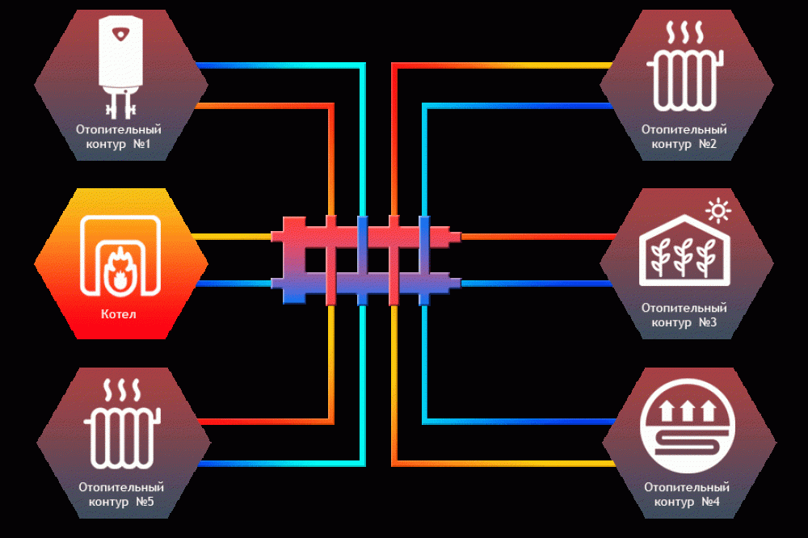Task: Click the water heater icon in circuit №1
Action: [120, 67]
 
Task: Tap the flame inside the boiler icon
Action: [120, 271]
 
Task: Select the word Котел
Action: [119, 313]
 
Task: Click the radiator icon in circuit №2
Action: [685, 81]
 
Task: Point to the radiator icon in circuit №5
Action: [122, 438]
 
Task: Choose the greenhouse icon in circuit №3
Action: [684, 250]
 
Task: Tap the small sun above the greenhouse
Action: [718, 211]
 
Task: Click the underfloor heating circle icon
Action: [687, 426]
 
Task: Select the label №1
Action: [141, 144]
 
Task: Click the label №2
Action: [708, 144]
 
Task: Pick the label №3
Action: [708, 322]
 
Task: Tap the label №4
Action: [710, 502]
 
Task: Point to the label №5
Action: [145, 502]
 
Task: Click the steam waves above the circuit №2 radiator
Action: [685, 32]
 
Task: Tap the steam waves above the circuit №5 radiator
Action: [122, 390]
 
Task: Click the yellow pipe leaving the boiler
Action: [231, 237]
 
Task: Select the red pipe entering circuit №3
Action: [538, 237]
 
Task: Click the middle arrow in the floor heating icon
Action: [687, 410]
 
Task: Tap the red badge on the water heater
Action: [121, 35]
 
